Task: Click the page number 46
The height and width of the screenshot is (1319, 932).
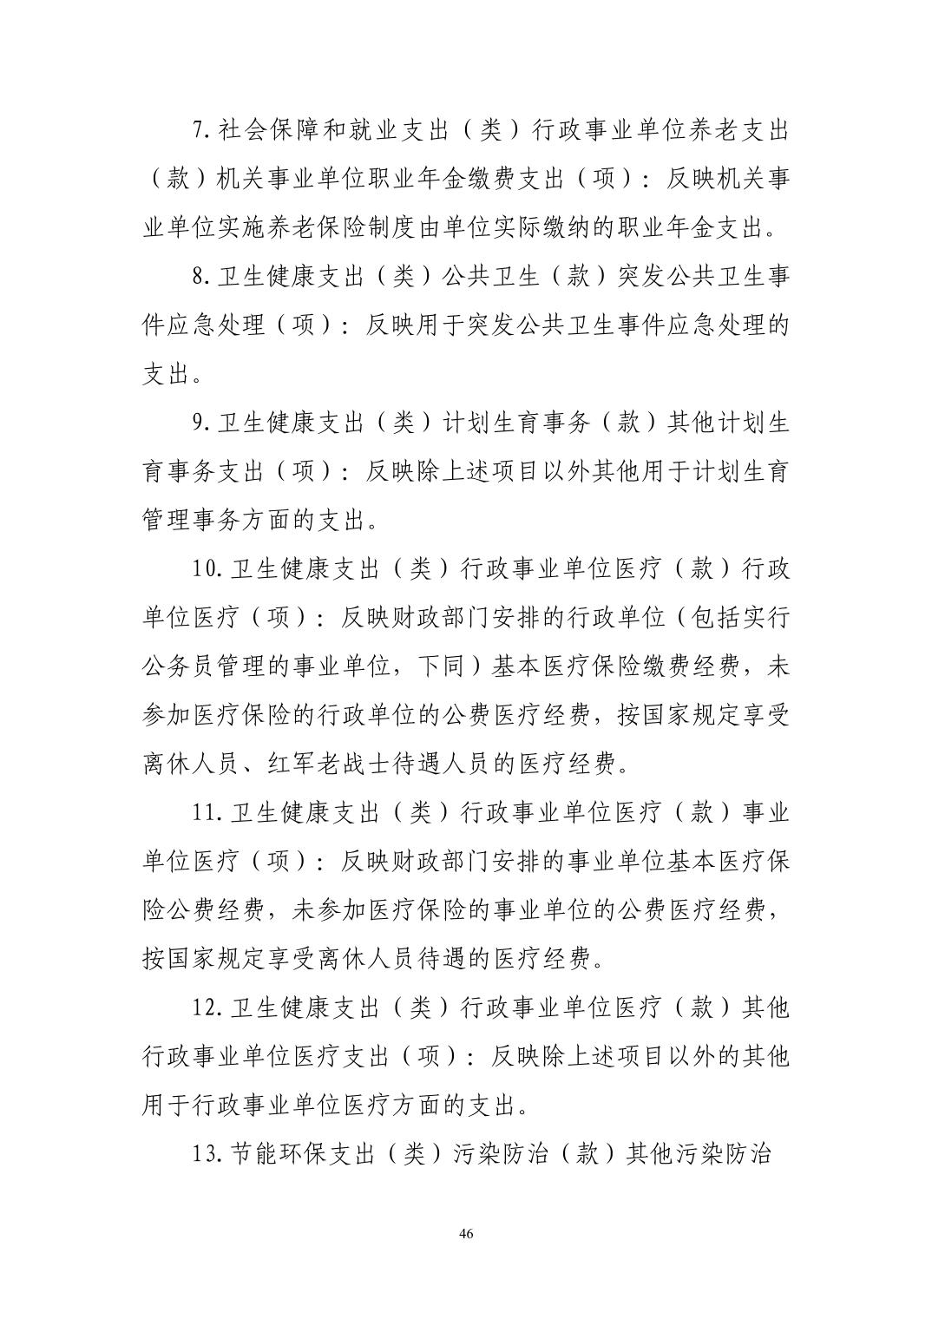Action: [x=466, y=1235]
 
